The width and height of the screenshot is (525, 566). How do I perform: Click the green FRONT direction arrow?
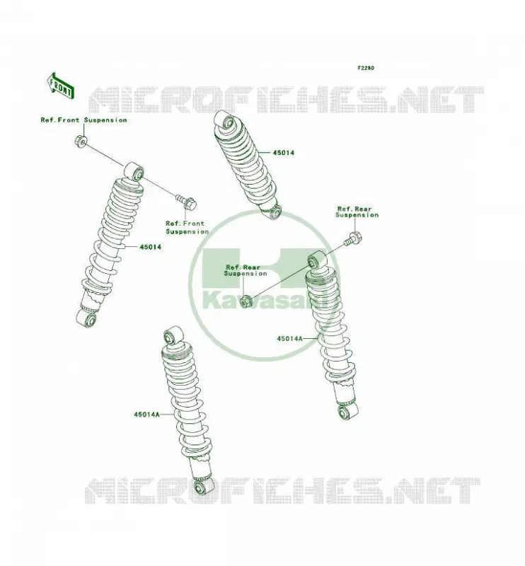[x=61, y=86]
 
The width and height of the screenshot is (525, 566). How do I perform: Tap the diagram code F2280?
[x=365, y=68]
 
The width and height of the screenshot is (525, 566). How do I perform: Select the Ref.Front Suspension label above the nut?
[x=83, y=120]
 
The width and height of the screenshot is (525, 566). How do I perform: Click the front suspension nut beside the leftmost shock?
[x=81, y=141]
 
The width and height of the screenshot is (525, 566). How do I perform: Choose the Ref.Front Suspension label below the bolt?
[x=187, y=227]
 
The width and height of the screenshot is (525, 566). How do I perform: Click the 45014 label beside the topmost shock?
[x=283, y=153]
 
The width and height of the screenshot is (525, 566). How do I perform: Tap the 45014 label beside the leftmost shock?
[x=150, y=247]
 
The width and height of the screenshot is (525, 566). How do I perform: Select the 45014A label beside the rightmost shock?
[x=289, y=339]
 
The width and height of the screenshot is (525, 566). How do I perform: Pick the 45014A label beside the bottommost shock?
[x=146, y=415]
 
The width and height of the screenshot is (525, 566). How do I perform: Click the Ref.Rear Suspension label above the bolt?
[x=357, y=212]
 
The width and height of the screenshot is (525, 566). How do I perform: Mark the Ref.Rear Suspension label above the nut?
[x=246, y=270]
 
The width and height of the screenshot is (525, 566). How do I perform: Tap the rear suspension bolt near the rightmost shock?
[x=352, y=239]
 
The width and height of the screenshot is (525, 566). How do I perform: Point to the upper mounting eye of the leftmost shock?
[x=134, y=171]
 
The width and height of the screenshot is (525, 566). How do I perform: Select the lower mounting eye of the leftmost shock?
[x=86, y=319]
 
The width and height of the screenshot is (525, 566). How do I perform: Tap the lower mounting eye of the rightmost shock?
[x=347, y=411]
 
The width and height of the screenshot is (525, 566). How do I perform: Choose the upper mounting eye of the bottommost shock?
[x=173, y=335]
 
